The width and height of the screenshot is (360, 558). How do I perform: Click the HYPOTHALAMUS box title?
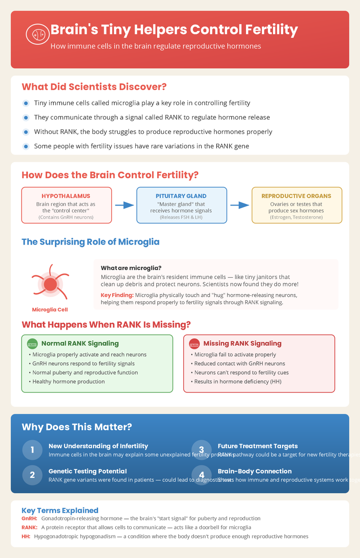click(66, 196)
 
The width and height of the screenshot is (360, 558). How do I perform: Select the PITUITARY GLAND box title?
click(181, 196)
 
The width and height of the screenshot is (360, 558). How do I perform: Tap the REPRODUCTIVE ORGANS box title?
click(297, 196)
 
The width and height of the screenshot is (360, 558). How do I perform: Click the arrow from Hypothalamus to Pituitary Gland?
click(124, 205)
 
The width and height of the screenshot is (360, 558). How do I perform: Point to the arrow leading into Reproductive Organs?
click(239, 205)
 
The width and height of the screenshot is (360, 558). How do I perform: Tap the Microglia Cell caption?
click(50, 310)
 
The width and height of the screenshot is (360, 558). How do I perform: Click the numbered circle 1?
click(32, 450)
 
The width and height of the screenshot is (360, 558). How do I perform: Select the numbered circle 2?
click(32, 475)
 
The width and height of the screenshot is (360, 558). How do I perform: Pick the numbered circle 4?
click(201, 475)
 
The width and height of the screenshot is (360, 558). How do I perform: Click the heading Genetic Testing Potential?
click(87, 471)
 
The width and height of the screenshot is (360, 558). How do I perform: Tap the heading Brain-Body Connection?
click(254, 471)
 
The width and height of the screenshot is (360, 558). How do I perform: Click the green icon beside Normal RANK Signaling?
click(32, 344)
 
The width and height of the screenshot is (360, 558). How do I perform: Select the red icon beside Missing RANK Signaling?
click(194, 344)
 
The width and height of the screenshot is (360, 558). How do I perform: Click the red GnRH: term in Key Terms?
click(30, 518)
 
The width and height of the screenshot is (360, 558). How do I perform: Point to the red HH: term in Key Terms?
click(26, 536)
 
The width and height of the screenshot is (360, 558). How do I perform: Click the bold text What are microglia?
click(131, 268)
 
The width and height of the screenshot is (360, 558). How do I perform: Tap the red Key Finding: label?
click(117, 295)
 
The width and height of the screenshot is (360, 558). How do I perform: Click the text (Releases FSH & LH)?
click(181, 217)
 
